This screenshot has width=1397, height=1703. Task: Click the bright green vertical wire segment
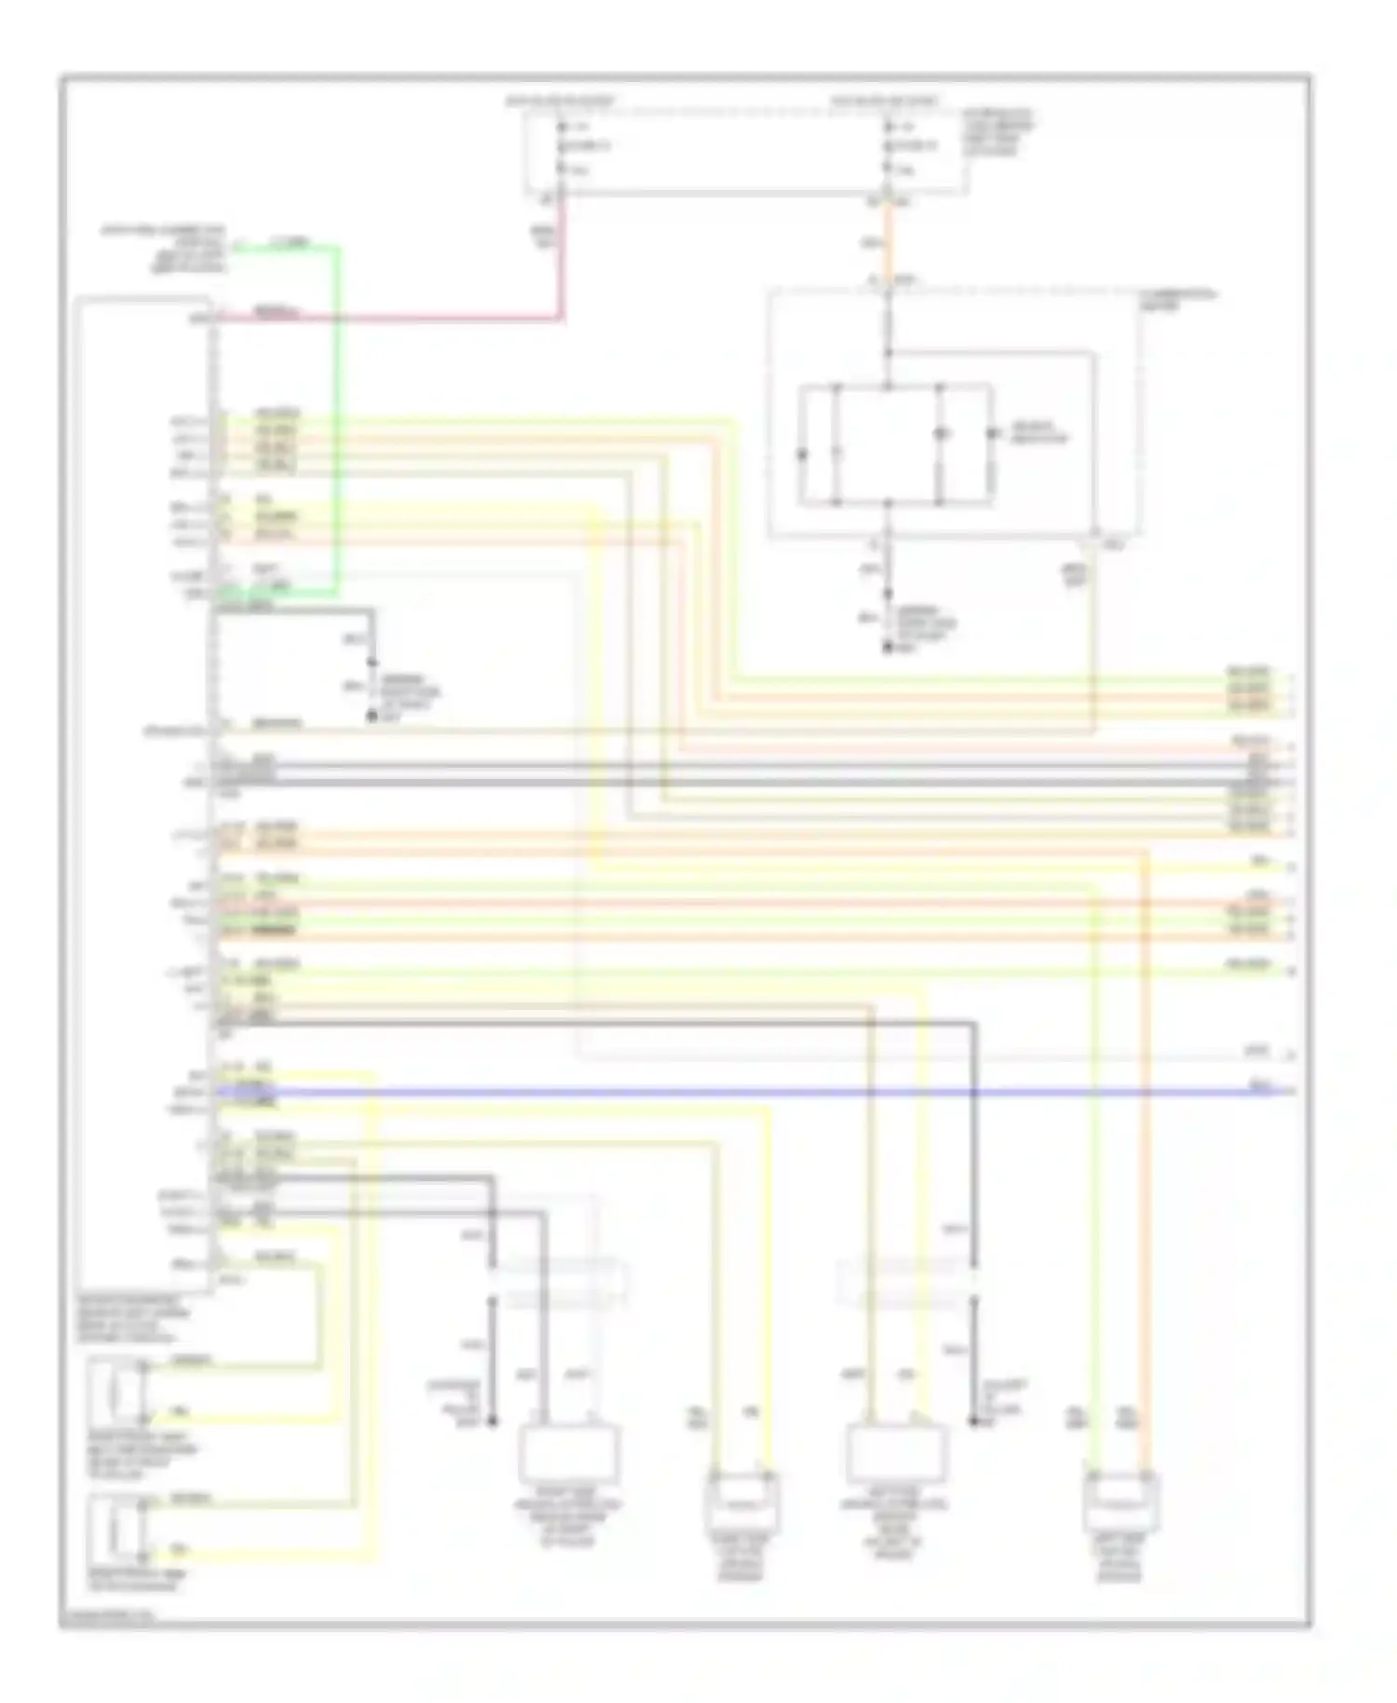337,419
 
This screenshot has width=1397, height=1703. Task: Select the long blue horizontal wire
745,1091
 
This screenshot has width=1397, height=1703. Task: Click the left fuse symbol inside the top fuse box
562,146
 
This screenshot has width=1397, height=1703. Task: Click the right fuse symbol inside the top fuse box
888,146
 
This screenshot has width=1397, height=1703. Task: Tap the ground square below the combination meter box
888,646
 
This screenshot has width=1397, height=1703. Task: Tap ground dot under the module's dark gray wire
372,716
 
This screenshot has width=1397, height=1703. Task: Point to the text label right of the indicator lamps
1038,432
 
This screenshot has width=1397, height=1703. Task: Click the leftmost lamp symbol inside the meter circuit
802,454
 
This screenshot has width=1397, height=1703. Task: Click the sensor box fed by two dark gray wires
567,1453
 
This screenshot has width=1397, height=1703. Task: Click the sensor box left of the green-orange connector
895,1453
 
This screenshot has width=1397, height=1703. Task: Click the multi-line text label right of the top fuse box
998,132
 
